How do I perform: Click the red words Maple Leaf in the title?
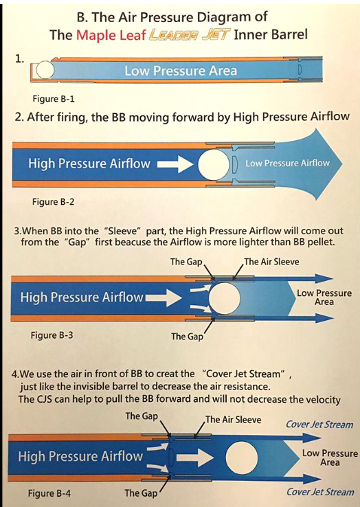(111, 34)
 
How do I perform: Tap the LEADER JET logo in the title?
(190, 34)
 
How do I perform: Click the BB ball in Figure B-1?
(45, 70)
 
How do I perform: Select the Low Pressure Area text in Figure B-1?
(181, 71)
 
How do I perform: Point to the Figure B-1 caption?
(54, 99)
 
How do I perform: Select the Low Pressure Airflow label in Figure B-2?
(287, 163)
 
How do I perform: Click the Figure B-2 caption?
(53, 202)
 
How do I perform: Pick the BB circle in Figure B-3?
(225, 298)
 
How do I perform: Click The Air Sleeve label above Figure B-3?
(271, 261)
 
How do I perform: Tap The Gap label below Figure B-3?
(188, 336)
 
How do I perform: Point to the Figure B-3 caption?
(52, 335)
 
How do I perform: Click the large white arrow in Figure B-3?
(164, 297)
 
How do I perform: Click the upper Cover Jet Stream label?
(319, 425)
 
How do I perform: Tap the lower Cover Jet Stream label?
(320, 492)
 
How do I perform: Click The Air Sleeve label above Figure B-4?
(233, 419)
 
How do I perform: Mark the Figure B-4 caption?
(49, 493)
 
